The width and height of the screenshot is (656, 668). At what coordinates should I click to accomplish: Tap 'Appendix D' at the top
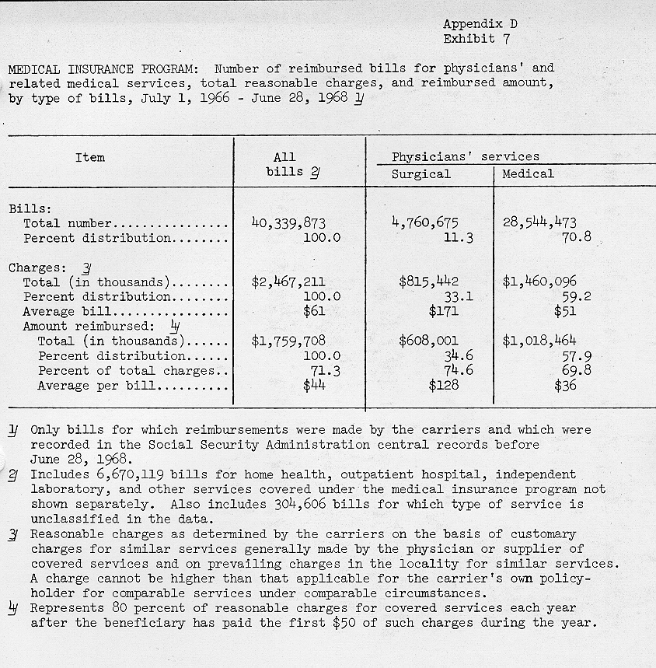click(x=480, y=23)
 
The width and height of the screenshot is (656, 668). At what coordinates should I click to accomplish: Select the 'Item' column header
click(x=90, y=157)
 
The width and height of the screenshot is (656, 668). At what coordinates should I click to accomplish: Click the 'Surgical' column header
click(x=420, y=174)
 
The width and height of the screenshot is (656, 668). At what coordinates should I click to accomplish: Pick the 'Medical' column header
click(x=528, y=174)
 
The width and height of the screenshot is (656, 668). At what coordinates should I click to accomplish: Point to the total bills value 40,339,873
click(x=288, y=223)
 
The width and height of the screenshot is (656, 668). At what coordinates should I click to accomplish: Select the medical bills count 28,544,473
click(x=539, y=223)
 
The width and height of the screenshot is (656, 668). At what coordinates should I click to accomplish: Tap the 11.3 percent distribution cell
click(x=458, y=238)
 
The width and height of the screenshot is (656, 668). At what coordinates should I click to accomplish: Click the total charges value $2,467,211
click(x=288, y=282)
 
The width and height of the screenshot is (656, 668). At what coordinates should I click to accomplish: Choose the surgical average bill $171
click(x=443, y=312)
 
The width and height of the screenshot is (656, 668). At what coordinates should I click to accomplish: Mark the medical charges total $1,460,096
click(x=539, y=282)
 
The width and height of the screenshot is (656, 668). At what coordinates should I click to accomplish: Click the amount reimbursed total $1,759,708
click(x=288, y=341)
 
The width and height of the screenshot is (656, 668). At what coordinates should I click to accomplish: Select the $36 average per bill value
click(x=565, y=385)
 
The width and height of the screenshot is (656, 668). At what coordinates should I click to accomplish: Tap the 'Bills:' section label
click(x=30, y=209)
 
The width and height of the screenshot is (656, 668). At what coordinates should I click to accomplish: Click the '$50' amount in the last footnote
click(x=344, y=623)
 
